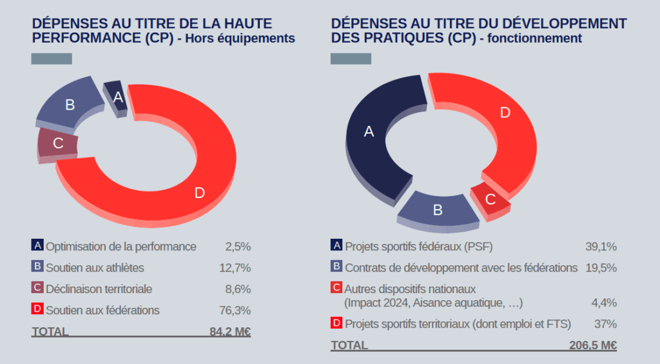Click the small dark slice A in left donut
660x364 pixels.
[x=116, y=97]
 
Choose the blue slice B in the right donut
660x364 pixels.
[x=438, y=208]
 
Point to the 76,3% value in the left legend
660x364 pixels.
[x=235, y=310]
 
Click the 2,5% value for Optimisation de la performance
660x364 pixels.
[x=238, y=247]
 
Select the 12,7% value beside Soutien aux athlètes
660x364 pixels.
[x=235, y=268]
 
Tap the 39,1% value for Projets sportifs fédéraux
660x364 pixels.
[x=601, y=247]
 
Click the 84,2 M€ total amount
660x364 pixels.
[x=229, y=332]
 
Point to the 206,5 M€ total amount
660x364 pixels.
[x=593, y=345]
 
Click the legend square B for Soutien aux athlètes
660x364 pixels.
[x=37, y=267]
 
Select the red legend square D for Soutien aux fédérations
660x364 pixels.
[x=37, y=309]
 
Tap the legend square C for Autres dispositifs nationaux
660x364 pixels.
[x=336, y=288]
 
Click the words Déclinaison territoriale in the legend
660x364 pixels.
[x=99, y=289]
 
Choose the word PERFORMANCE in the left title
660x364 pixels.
[x=84, y=38]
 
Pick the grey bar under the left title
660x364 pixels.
[x=52, y=59]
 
